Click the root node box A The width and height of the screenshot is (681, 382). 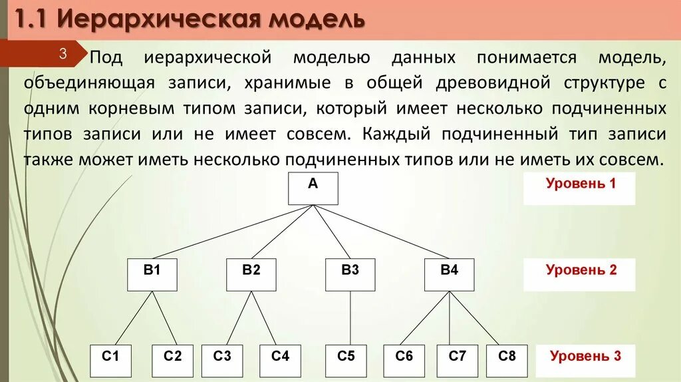pos(313,188)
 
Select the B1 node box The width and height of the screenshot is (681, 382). pos(152,275)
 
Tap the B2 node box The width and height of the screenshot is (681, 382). pos(251,275)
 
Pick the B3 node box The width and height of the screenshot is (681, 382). pos(350,275)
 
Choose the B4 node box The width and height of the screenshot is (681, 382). pos(450,275)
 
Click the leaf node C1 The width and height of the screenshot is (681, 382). pos(110,361)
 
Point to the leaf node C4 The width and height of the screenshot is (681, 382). pos(280,361)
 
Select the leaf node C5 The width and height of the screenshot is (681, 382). pos(346,361)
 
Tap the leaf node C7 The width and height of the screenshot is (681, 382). pos(458,361)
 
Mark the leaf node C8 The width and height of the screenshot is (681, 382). pos(507,361)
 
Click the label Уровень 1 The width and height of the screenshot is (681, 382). pos(581,184)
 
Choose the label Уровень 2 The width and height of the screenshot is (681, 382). pos(581,270)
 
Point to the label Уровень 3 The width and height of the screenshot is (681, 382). pos(585,356)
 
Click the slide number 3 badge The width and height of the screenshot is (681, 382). pos(64,54)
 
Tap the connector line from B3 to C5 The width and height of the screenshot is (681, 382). pos(350,318)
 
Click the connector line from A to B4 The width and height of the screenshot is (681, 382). pos(381,232)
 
